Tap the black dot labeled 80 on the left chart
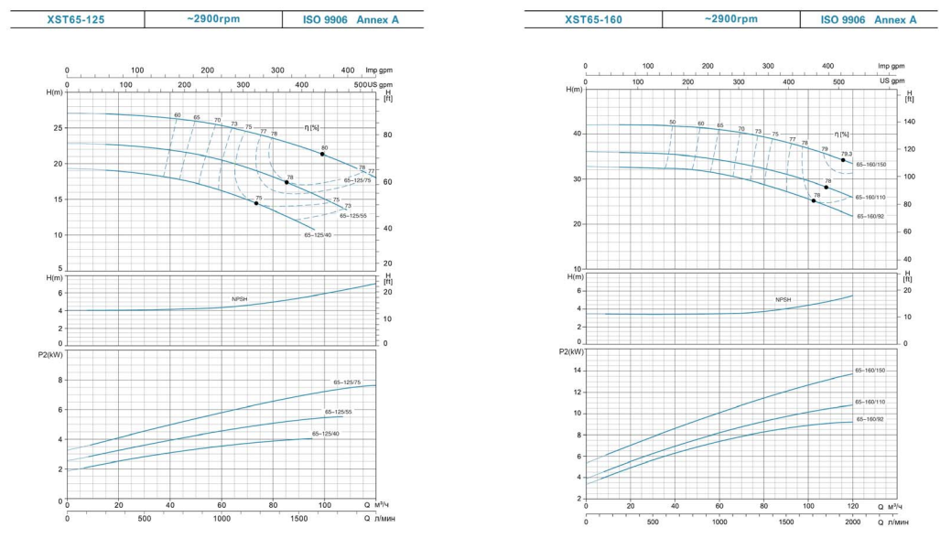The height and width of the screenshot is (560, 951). [323, 154]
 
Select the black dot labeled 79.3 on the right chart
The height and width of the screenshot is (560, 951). [843, 160]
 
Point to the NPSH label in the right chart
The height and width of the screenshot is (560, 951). [783, 299]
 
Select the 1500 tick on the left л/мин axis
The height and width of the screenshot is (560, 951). [299, 519]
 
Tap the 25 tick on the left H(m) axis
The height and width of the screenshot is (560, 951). [59, 127]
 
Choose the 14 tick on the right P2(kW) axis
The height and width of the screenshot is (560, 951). [577, 371]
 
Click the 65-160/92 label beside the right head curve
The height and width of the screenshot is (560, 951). [870, 217]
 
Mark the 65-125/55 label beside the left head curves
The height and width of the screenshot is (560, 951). [352, 216]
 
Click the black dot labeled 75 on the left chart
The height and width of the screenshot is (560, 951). [257, 203]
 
